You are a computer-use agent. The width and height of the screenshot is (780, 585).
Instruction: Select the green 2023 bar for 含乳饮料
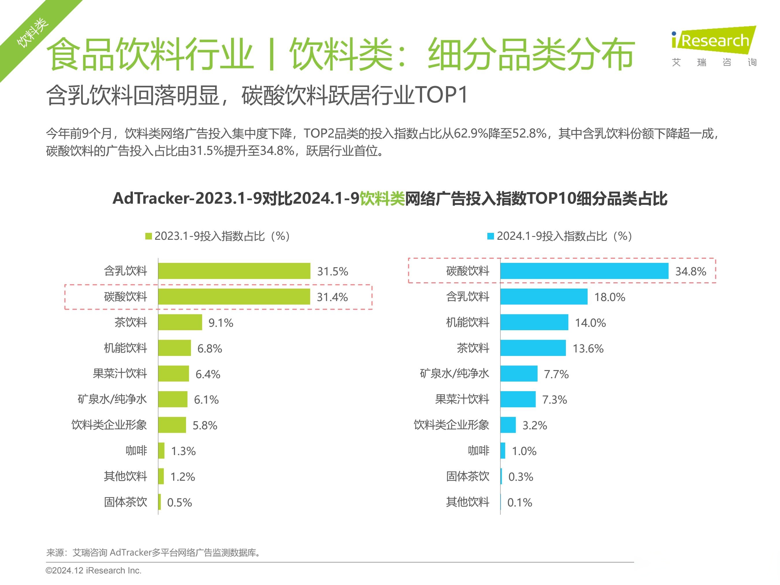tap(234, 271)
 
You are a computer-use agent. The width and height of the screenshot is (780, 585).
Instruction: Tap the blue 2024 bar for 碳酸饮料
tap(584, 271)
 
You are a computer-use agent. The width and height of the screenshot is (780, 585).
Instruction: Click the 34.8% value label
tap(690, 271)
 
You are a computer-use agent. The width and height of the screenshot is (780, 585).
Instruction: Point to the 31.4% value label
tap(332, 297)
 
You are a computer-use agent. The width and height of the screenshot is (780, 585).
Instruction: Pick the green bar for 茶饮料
tap(180, 322)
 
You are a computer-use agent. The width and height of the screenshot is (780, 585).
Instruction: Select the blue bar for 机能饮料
tap(534, 322)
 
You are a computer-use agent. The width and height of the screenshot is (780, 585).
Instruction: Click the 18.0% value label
tap(610, 297)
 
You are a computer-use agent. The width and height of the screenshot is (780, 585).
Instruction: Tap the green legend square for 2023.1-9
tap(148, 236)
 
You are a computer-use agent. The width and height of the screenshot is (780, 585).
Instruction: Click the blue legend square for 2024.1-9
tap(491, 236)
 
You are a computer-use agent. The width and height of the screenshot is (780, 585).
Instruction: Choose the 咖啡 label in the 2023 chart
tap(136, 451)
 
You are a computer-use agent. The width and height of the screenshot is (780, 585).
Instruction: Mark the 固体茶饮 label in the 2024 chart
tap(468, 476)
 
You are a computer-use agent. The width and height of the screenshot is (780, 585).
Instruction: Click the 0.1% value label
tap(519, 502)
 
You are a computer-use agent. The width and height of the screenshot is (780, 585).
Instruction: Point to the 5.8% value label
tap(205, 425)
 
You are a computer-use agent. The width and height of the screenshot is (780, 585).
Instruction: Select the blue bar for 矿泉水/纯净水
tap(519, 374)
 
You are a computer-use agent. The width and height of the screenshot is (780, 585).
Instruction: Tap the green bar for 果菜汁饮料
tap(174, 374)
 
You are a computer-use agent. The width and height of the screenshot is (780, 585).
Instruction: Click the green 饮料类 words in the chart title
tap(382, 198)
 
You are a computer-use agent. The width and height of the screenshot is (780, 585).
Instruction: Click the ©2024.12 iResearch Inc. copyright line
tap(93, 570)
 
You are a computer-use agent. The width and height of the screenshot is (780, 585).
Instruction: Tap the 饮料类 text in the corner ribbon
tap(32, 32)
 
